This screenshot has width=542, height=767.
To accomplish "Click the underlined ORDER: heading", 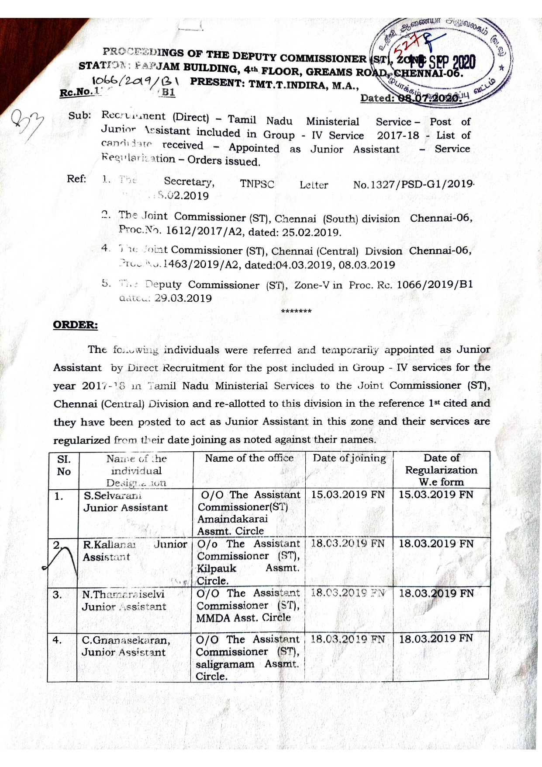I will click(75, 325).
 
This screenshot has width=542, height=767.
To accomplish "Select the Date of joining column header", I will click(349, 458).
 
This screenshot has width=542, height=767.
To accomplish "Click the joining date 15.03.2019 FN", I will click(348, 495).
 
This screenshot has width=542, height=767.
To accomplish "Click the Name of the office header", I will click(249, 458).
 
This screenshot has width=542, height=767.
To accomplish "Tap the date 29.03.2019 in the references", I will click(183, 299).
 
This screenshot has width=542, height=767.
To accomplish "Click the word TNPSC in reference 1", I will click(257, 184).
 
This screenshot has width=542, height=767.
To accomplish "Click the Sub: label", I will click(79, 116).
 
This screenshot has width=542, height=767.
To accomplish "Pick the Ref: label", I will click(76, 179).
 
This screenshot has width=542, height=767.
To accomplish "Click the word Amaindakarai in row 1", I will click(232, 519).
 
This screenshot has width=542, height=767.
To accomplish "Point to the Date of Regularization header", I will click(441, 470).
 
